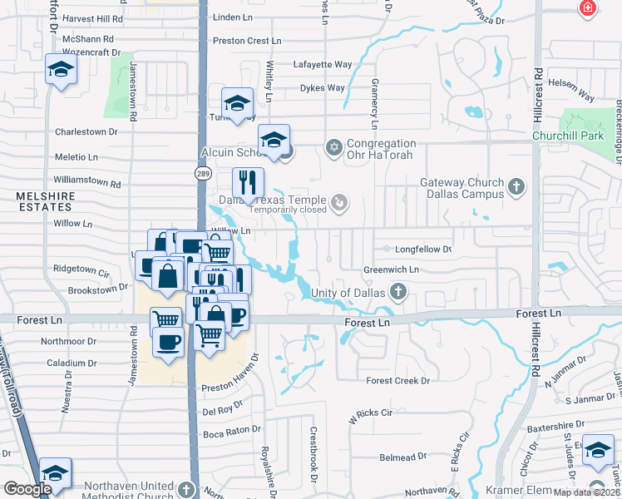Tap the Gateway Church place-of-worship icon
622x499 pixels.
click(516, 186)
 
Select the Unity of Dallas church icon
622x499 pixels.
click(398, 292)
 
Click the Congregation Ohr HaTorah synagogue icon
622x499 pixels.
click(334, 147)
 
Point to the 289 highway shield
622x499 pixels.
click(202, 172)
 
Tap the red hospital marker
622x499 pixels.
click(589, 7)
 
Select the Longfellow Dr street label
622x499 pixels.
click(423, 249)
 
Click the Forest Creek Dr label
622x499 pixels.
click(398, 380)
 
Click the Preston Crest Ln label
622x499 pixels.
click(247, 40)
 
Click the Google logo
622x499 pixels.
click(27, 489)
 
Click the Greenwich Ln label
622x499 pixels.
click(391, 269)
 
